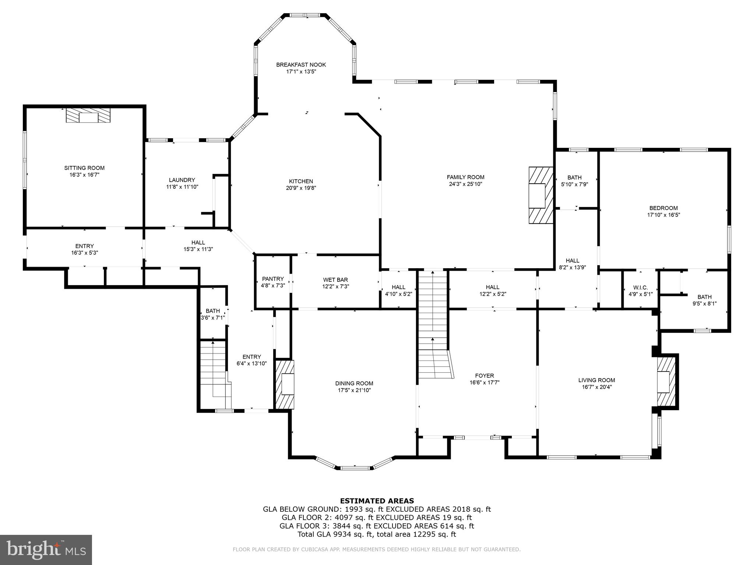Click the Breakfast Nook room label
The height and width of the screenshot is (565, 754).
click(x=301, y=65)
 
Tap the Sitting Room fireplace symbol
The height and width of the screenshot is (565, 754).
click(x=88, y=115)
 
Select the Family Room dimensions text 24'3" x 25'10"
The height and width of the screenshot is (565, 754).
click(x=465, y=184)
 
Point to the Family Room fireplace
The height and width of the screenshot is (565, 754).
click(x=541, y=195)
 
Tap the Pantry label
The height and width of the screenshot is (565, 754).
click(x=273, y=279)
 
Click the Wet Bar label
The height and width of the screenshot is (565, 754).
click(x=335, y=280)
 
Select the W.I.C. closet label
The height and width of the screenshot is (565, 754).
click(x=640, y=287)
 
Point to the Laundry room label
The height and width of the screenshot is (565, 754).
click(x=182, y=180)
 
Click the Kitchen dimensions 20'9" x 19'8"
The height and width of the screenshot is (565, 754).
click(x=301, y=188)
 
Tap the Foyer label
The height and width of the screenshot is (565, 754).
click(x=485, y=376)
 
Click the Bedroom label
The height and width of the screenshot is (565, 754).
click(x=663, y=208)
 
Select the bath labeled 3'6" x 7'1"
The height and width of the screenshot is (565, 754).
click(x=213, y=315)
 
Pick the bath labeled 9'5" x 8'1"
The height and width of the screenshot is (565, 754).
click(x=704, y=300)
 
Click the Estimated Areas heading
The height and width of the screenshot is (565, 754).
click(x=377, y=501)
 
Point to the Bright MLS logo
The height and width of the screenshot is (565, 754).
click(x=46, y=550)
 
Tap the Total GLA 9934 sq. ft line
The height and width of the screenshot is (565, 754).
click(x=377, y=534)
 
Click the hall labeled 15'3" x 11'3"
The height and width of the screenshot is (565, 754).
click(x=198, y=246)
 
